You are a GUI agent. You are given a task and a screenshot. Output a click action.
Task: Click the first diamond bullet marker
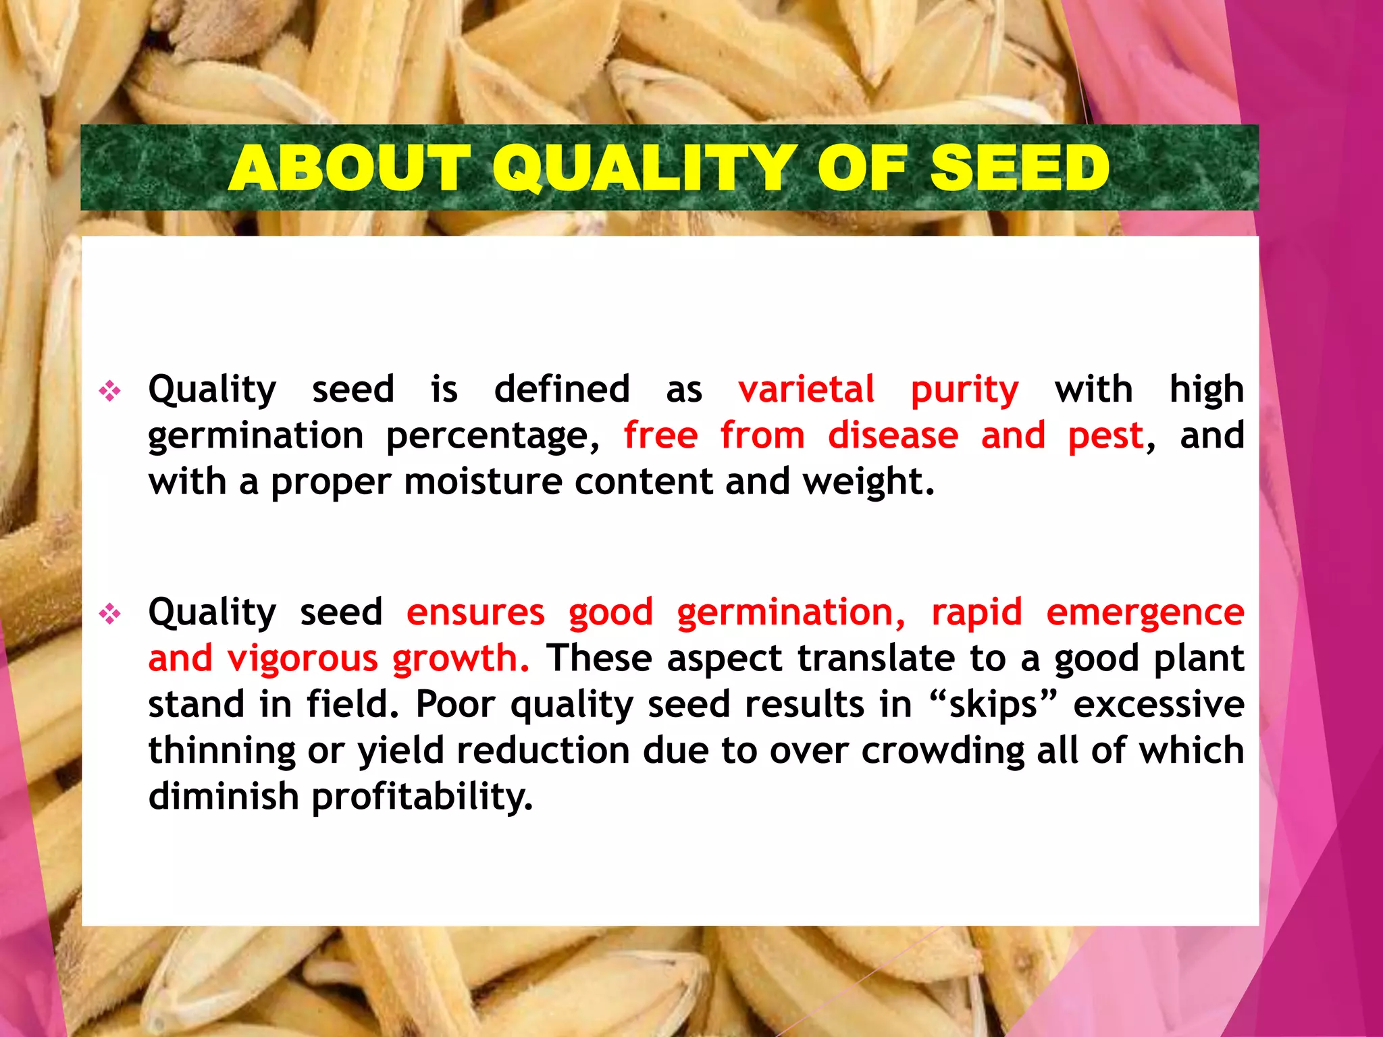tap(110, 391)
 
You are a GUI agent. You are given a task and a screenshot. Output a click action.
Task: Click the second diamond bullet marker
tap(110, 614)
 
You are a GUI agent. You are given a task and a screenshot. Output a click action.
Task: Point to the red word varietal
tap(806, 390)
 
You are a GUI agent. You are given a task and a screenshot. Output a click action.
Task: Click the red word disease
tap(893, 435)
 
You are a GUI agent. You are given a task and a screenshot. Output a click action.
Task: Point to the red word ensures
tap(475, 612)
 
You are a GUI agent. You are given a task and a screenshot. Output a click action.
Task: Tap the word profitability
tap(422, 797)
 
